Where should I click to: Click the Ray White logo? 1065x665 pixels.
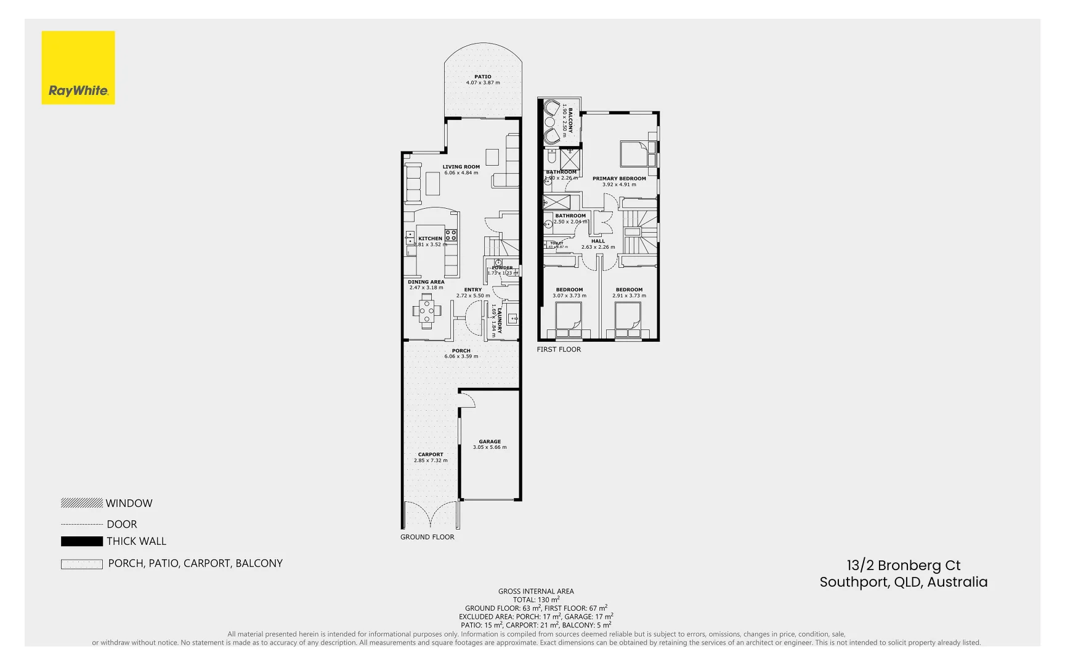pyautogui.click(x=78, y=68)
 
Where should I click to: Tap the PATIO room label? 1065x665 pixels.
pyautogui.click(x=483, y=77)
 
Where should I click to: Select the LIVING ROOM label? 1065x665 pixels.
pyautogui.click(x=461, y=167)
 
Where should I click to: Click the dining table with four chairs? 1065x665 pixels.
pyautogui.click(x=426, y=310)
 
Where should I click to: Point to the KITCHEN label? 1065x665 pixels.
pyautogui.click(x=430, y=238)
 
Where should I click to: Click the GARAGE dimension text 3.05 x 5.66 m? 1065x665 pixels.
pyautogui.click(x=490, y=448)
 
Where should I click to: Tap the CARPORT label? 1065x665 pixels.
pyautogui.click(x=431, y=454)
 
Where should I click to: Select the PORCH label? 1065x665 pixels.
pyautogui.click(x=461, y=350)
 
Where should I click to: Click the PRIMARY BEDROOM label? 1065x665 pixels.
pyautogui.click(x=619, y=179)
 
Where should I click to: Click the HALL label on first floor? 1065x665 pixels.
pyautogui.click(x=598, y=241)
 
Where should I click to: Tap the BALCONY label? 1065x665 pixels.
pyautogui.click(x=570, y=121)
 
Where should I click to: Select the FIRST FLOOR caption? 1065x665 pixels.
pyautogui.click(x=559, y=349)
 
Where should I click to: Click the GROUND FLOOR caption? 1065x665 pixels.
pyautogui.click(x=427, y=537)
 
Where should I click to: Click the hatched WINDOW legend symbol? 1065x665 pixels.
pyautogui.click(x=81, y=503)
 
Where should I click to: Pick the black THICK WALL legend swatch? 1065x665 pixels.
pyautogui.click(x=81, y=541)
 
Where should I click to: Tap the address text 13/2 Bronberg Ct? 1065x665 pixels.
pyautogui.click(x=903, y=565)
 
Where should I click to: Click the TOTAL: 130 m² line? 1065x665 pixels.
pyautogui.click(x=536, y=600)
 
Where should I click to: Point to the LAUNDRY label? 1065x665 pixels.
pyautogui.click(x=500, y=321)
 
